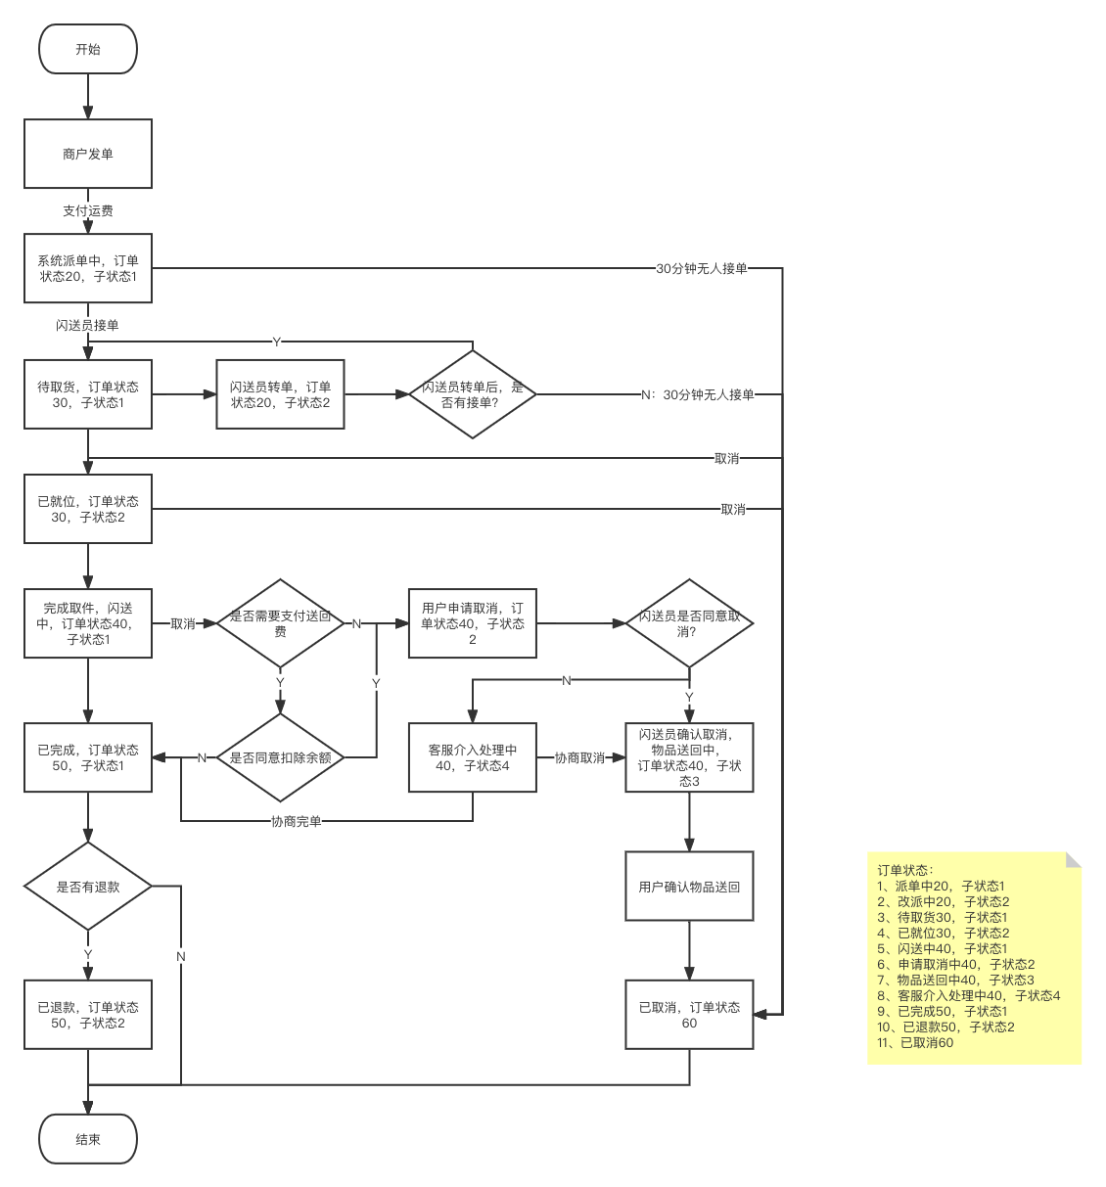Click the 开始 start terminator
pos(88,49)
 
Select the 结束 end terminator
pos(88,1139)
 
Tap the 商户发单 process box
pos(88,154)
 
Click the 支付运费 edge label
pos(88,210)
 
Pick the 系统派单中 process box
pos(88,268)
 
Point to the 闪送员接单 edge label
pos(87,325)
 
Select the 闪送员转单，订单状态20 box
pos(280,394)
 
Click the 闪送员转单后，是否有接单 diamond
pos(473,394)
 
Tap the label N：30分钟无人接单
pos(698,394)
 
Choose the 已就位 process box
pos(88,509)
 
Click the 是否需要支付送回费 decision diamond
pos(280,623)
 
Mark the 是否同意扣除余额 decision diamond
pos(280,757)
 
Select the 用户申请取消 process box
pos(473,623)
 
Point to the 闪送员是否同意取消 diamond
pos(689,623)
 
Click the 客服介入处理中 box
pos(473,757)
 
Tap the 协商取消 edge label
pos(579,757)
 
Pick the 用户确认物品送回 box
pos(689,887)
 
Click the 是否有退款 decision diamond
pos(88,887)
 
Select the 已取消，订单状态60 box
pos(689,1015)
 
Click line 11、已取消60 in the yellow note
pos(916,1042)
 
